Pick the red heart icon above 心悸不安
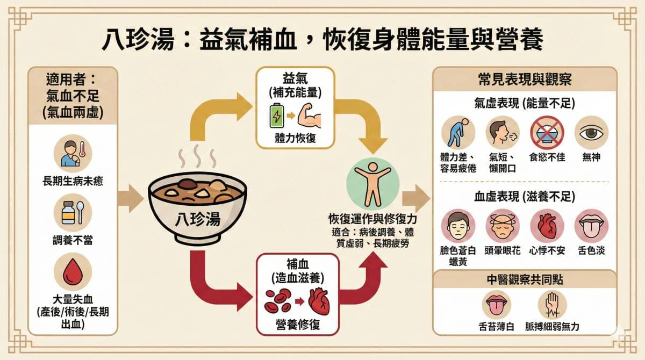pos(547,226)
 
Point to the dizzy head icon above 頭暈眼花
pos(503,226)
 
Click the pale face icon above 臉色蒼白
pos(458,226)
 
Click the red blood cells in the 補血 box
pos(278,301)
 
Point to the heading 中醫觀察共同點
pos(525,280)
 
